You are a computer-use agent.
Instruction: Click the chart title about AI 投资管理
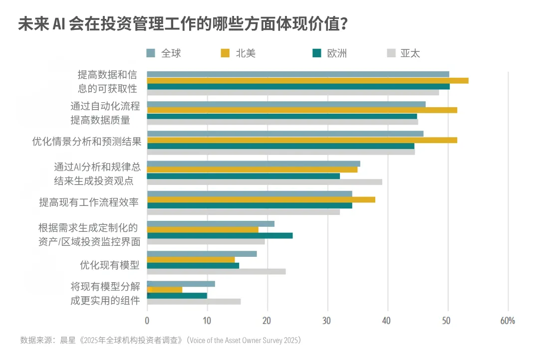click(183, 24)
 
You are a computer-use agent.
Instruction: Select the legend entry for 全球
click(164, 53)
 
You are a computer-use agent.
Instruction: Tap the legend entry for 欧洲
click(330, 53)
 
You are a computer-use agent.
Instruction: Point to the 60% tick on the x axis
click(507, 321)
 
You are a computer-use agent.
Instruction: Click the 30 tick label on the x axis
click(327, 321)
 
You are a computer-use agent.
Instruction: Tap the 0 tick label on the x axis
click(147, 321)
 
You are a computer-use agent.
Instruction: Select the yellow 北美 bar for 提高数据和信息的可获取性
click(307, 80)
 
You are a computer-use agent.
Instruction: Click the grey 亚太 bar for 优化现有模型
click(216, 271)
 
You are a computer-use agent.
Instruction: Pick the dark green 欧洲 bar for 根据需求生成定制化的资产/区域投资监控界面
click(220, 235)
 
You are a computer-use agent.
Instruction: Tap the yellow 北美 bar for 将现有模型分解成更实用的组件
click(165, 290)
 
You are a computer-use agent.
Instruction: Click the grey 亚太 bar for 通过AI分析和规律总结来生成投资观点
click(265, 182)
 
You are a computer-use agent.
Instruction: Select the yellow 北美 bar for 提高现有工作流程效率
click(261, 200)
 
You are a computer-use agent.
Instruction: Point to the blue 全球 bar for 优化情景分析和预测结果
click(285, 134)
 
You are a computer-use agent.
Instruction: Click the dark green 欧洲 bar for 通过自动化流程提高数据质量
click(282, 116)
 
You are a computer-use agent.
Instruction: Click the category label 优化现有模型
click(109, 265)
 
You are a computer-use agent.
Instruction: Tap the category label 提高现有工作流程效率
click(89, 202)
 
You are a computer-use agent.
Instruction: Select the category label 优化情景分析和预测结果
click(87, 142)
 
